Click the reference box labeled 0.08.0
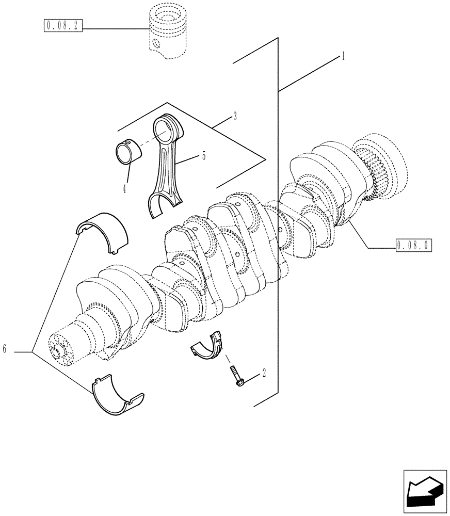413,245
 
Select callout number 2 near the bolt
264,372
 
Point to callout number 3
234,117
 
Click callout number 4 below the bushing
124,189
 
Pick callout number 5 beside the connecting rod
203,155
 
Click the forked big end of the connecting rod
160,204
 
